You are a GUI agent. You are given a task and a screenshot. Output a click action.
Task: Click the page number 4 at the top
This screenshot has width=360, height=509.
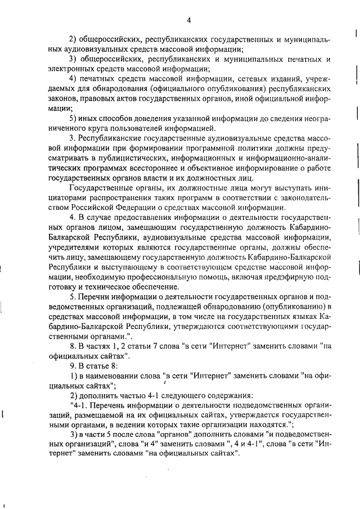click(x=189, y=21)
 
